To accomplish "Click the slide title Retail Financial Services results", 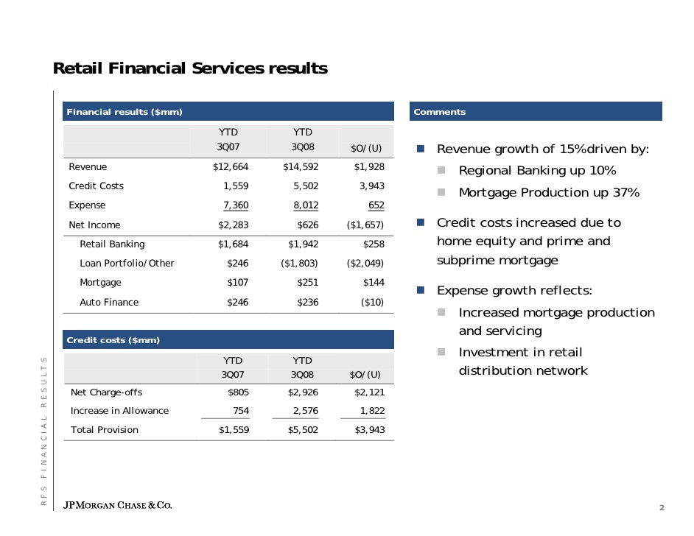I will pos(190,68).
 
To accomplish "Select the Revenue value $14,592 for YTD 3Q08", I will pos(301,167).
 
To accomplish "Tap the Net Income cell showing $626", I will pos(308,225).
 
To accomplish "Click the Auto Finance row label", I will pos(109,302).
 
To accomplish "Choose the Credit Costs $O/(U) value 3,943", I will pos(371,186).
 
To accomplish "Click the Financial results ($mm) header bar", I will pos(228,112).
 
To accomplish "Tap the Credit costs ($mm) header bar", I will pos(228,340).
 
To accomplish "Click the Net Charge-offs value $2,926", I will pos(302,392).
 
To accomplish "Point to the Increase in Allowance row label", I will pos(119,411).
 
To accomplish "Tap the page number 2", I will pos(662,508).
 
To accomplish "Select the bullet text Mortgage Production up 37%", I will pos(549,193).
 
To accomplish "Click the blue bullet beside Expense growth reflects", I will pos(420,290).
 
